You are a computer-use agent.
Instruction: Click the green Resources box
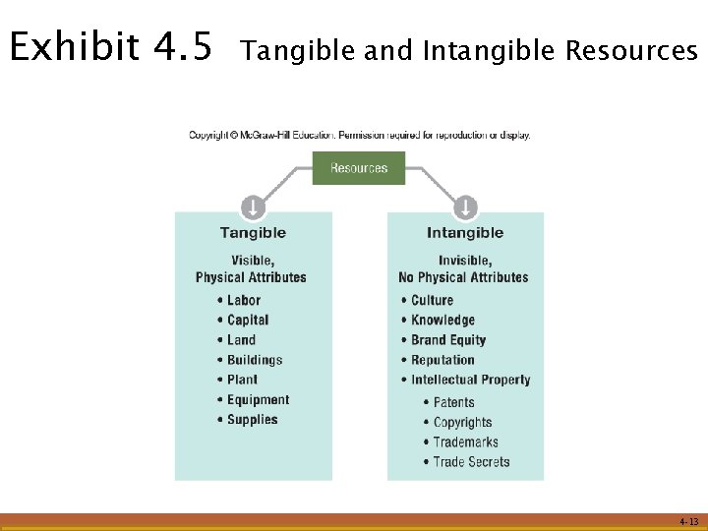pyautogui.click(x=358, y=168)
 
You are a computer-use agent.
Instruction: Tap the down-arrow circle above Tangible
pyautogui.click(x=253, y=207)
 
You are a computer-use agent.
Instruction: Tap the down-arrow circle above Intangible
pyautogui.click(x=465, y=207)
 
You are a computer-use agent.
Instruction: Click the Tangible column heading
pyautogui.click(x=253, y=233)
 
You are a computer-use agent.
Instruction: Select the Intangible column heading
pyautogui.click(x=465, y=233)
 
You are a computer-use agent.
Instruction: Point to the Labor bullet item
pyautogui.click(x=243, y=300)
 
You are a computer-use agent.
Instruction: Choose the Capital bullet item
pyautogui.click(x=247, y=320)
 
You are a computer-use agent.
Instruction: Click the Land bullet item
pyautogui.click(x=241, y=340)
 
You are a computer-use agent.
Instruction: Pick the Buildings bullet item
pyautogui.click(x=254, y=360)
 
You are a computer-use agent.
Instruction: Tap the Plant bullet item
pyautogui.click(x=242, y=380)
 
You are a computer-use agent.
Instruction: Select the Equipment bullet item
pyautogui.click(x=258, y=400)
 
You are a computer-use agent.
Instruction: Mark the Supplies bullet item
pyautogui.click(x=252, y=420)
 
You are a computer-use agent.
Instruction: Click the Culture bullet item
pyautogui.click(x=432, y=300)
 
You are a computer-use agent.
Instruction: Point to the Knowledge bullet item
pyautogui.click(x=442, y=320)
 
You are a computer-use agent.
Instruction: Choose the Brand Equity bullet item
pyautogui.click(x=448, y=340)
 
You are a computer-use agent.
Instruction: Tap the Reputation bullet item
pyautogui.click(x=442, y=360)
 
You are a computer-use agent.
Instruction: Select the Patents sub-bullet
pyautogui.click(x=453, y=402)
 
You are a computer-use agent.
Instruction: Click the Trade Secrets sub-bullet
pyautogui.click(x=471, y=462)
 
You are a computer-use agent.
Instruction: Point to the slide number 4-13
pyautogui.click(x=688, y=522)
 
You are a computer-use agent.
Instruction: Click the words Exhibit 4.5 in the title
pyautogui.click(x=109, y=47)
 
